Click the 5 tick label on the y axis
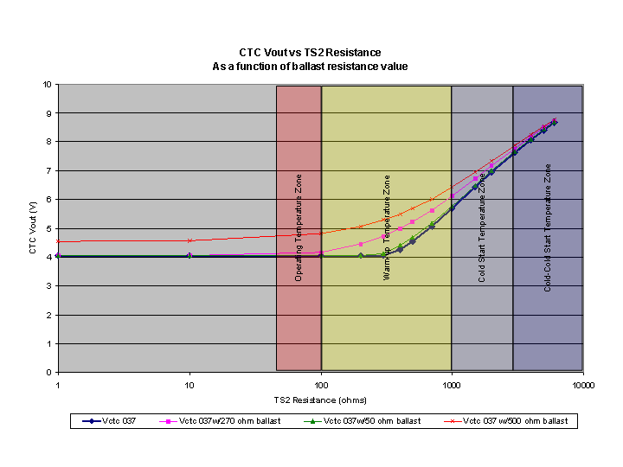coord(48,228)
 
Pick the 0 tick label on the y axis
coord(48,373)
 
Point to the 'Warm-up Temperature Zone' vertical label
coord(387,227)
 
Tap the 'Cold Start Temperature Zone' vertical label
coord(482,227)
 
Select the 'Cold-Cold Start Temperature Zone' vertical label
coord(548,227)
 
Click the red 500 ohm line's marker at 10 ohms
coord(189,240)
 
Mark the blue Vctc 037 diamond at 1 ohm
coord(58,256)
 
